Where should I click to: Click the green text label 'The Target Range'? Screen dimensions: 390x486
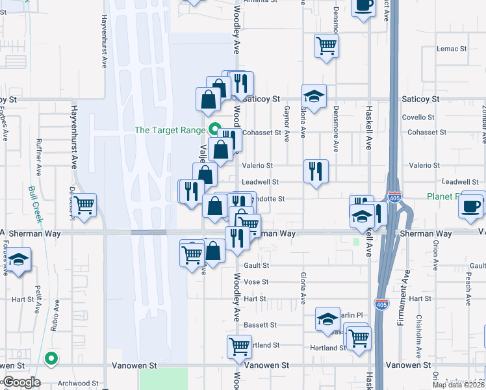(x=170, y=130)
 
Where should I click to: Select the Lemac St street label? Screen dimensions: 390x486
(x=452, y=49)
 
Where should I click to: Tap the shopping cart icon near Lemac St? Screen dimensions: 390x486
(x=326, y=45)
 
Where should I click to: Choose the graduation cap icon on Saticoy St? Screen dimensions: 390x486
(x=314, y=96)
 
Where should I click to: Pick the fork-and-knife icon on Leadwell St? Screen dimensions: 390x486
(x=316, y=172)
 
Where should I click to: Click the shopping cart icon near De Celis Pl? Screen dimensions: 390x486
(x=84, y=205)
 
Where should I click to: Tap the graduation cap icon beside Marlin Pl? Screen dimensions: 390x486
(x=327, y=318)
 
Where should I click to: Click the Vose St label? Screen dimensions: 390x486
(x=256, y=282)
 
